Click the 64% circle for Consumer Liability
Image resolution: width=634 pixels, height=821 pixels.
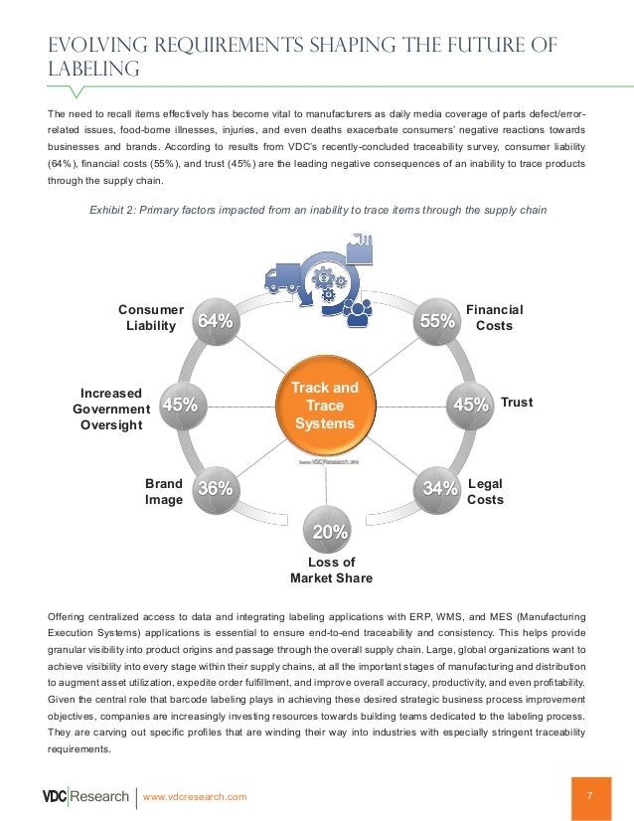pos(215,320)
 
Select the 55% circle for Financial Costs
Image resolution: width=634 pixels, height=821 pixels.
pos(438,320)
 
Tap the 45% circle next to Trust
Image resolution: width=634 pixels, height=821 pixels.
pos(469,404)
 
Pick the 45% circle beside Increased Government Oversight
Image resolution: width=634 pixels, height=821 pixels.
pos(180,404)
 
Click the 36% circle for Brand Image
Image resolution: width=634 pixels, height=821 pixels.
pos(215,487)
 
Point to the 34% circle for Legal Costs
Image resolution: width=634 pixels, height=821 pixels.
pos(439,487)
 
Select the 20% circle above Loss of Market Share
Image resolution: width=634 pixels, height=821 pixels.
pos(329,532)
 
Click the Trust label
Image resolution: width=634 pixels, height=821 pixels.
pos(517,403)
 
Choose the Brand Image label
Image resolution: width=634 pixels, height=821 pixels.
pos(164,491)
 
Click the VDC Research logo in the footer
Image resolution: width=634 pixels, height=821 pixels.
pos(85,797)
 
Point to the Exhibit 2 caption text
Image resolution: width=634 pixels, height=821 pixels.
pos(318,210)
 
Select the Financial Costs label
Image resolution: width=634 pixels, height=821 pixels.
pos(494,318)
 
